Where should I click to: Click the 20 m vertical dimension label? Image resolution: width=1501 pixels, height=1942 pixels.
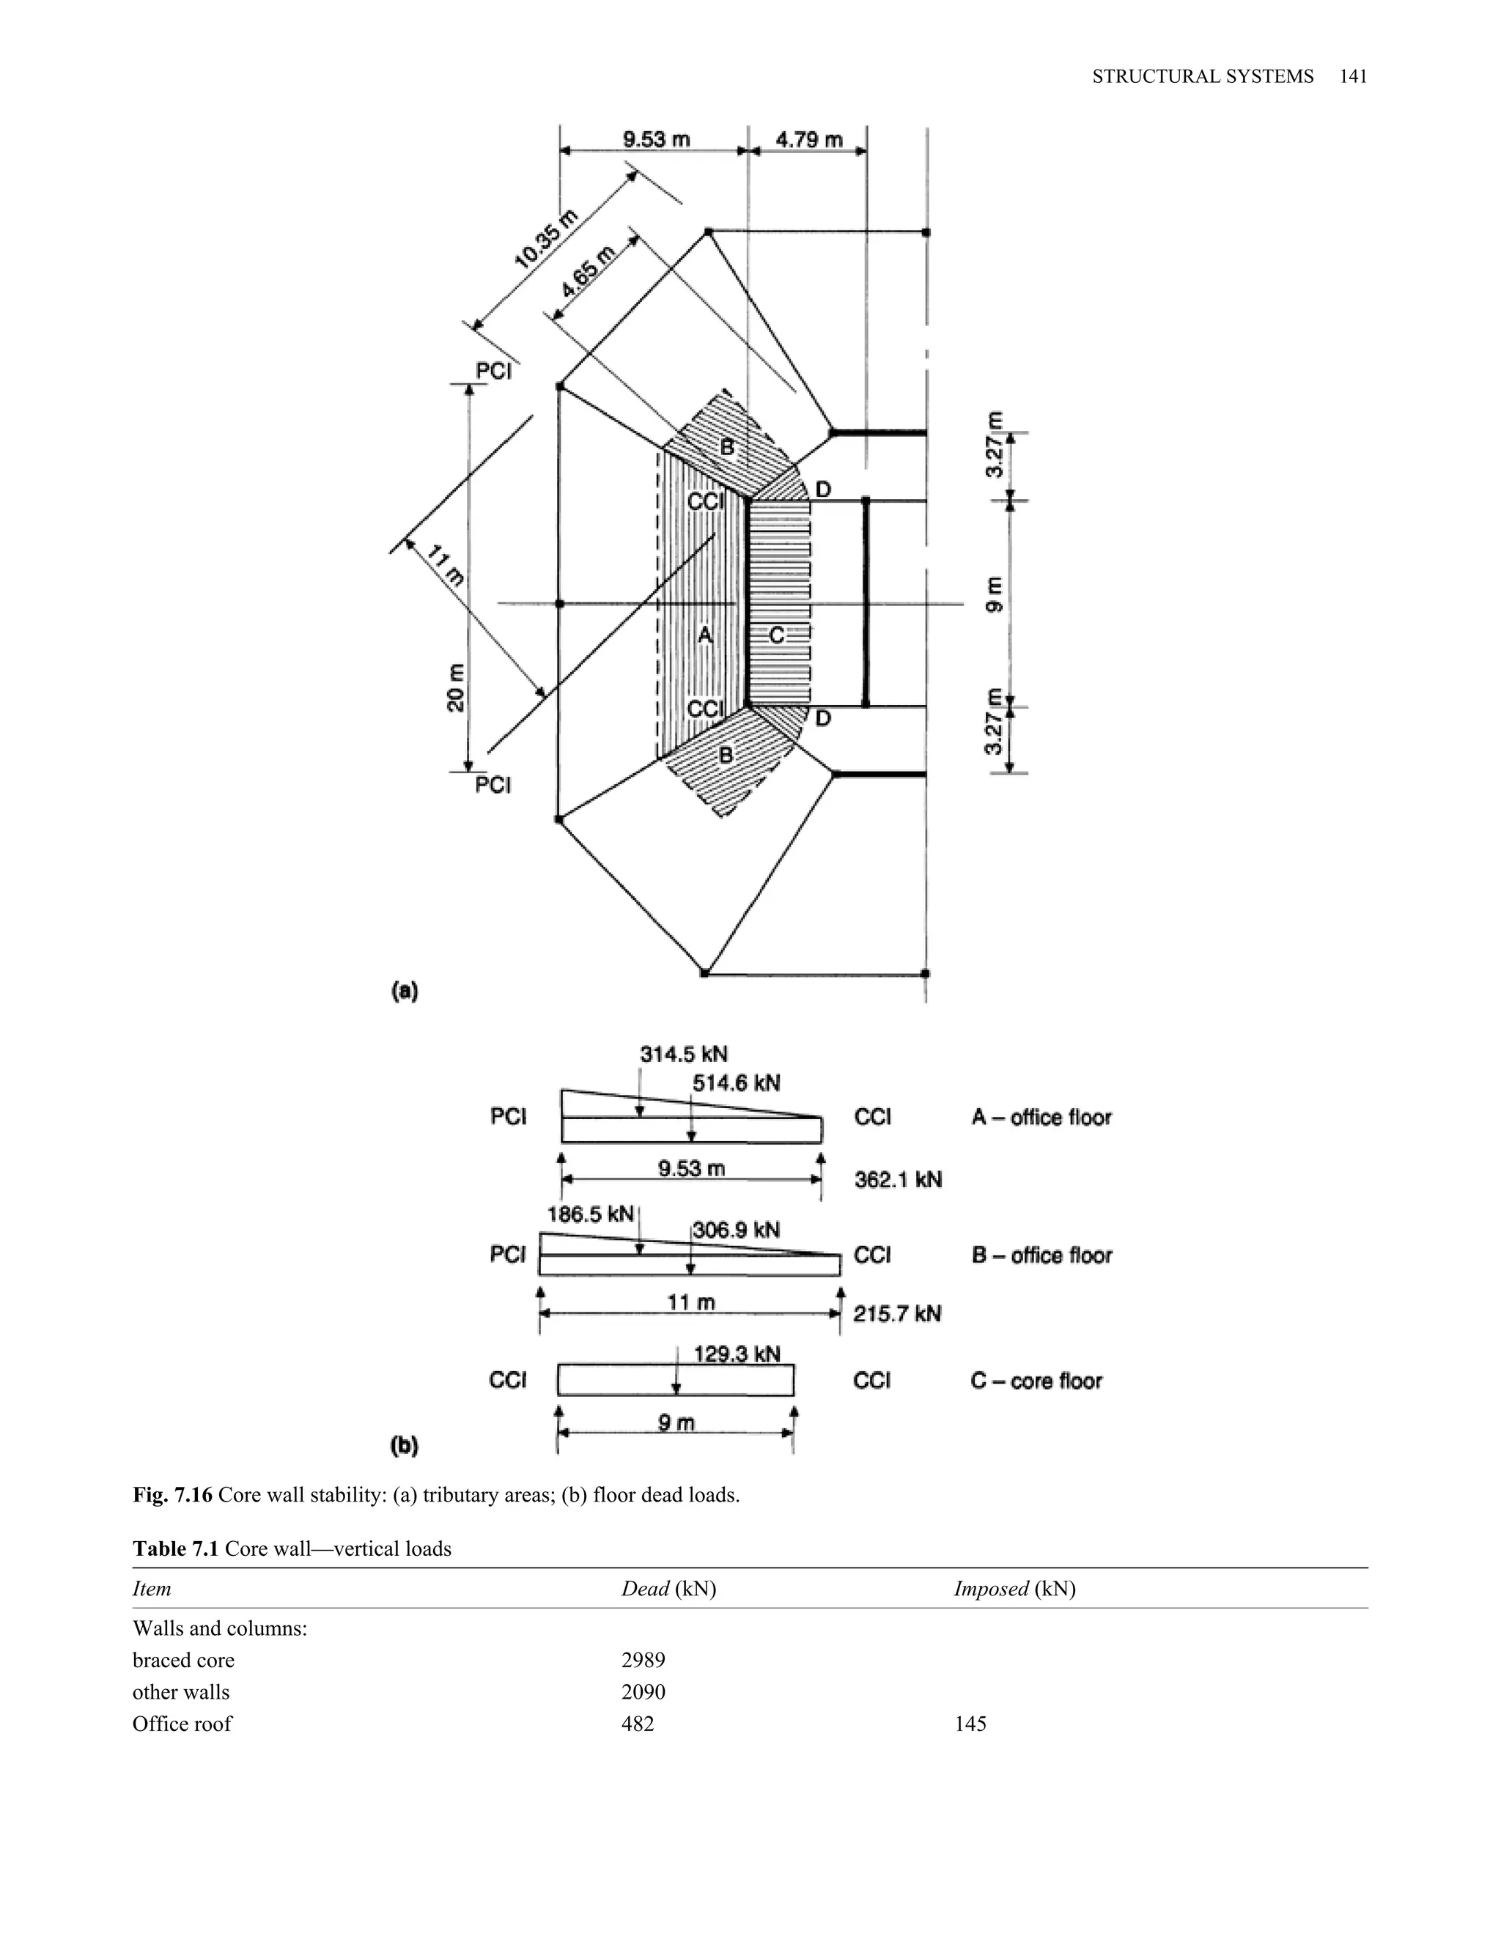pos(456,687)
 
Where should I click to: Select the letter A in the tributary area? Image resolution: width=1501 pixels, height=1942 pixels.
pos(704,635)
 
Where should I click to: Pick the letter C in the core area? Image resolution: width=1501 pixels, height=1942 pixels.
pos(776,635)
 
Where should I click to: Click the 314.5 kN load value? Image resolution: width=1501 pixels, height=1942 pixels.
pos(683,1054)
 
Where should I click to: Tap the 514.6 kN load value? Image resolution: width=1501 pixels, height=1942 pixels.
pos(737,1082)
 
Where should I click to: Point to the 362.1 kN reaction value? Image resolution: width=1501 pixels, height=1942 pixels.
pos(897,1180)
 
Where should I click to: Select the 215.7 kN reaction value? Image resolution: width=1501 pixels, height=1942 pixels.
pos(896,1313)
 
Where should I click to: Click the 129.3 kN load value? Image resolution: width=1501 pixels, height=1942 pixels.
pos(737,1354)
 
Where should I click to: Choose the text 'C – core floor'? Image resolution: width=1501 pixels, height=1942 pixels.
pos(1036,1381)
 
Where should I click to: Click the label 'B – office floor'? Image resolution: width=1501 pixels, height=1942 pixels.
pos(1041,1255)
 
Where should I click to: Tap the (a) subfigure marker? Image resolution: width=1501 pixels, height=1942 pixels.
pos(405,991)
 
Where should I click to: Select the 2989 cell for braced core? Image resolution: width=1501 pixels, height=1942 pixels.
pos(643,1660)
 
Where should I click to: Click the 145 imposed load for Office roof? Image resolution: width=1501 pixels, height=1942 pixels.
pos(970,1724)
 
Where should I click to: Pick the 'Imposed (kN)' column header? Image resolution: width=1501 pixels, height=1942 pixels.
pos(1014,1589)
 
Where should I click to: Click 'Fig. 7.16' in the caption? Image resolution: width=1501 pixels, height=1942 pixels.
pos(172,1495)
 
